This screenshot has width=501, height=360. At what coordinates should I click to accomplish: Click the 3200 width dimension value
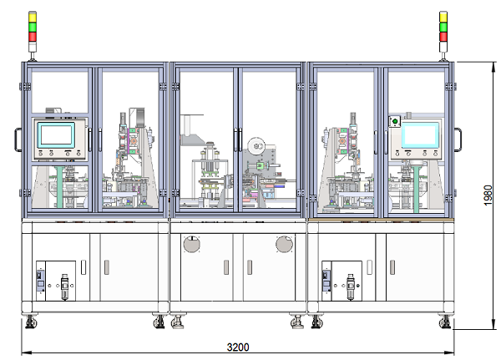coord(238,347)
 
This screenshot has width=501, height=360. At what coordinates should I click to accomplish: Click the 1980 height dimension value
coord(488,195)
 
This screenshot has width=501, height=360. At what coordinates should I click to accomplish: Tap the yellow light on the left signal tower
coord(33,18)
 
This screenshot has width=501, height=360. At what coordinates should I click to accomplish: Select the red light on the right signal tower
coord(443,37)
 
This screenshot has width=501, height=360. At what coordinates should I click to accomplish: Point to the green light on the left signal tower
coord(33,28)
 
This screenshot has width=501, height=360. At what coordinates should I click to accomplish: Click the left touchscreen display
coord(56,134)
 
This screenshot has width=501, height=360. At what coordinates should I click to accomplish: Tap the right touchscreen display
coord(420,134)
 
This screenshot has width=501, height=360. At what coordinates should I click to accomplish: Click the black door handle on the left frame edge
coord(18,139)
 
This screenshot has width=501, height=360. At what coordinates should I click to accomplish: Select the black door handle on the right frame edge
coord(458,139)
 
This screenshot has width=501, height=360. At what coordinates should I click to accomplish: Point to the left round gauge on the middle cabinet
coord(192,244)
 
